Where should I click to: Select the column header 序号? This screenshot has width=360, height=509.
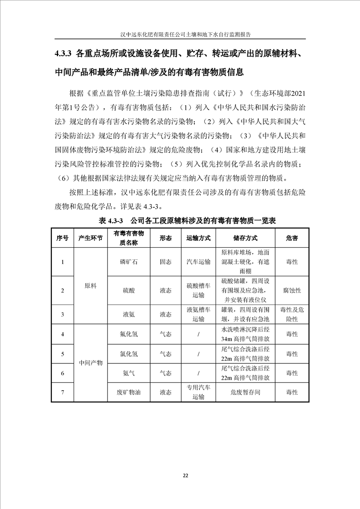62,238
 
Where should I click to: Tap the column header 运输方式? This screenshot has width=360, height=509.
198,238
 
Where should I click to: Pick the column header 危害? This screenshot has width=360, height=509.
292,238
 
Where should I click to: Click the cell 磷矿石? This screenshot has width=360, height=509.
128,262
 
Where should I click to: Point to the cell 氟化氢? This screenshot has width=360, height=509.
128,334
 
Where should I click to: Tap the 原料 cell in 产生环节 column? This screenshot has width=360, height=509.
91,286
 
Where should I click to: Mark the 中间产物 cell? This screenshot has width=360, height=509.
91,363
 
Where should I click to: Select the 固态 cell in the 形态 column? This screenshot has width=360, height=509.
165,262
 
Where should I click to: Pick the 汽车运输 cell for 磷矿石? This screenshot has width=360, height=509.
198,262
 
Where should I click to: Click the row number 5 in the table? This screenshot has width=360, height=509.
62,353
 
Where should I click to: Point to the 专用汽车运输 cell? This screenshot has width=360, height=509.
198,392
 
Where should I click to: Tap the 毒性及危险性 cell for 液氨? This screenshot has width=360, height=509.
292,314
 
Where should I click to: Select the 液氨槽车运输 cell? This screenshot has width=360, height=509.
198,314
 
